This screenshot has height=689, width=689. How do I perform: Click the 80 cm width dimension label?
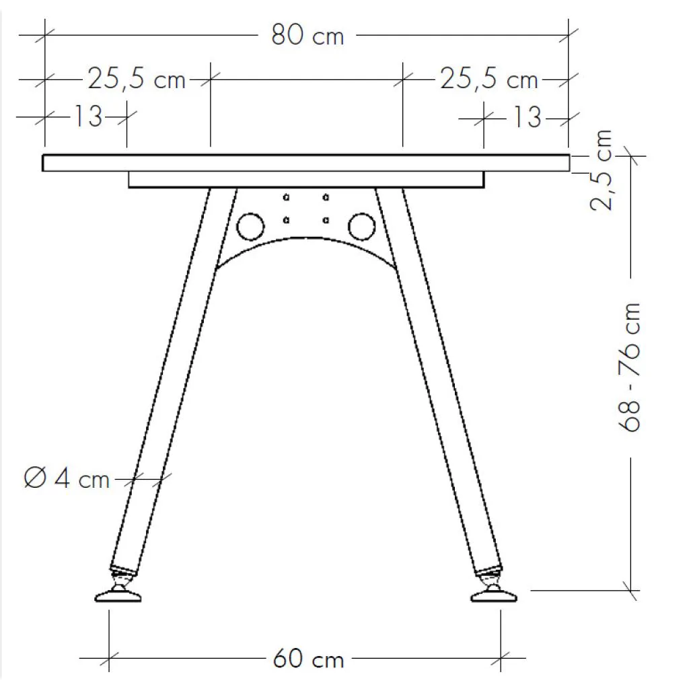coord(307,35)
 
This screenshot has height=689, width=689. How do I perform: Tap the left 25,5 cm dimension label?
coord(137,79)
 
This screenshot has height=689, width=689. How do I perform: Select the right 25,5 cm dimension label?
coord(489,79)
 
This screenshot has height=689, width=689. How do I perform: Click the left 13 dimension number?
coord(88,116)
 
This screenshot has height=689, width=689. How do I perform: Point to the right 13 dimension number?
coord(527,117)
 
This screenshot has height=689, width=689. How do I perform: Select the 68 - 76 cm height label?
coord(629,367)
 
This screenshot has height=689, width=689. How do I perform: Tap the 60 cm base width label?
coord(308,659)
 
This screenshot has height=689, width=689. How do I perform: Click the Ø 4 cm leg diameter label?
coord(67,478)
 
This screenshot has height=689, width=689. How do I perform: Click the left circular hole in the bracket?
coord(250,227)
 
